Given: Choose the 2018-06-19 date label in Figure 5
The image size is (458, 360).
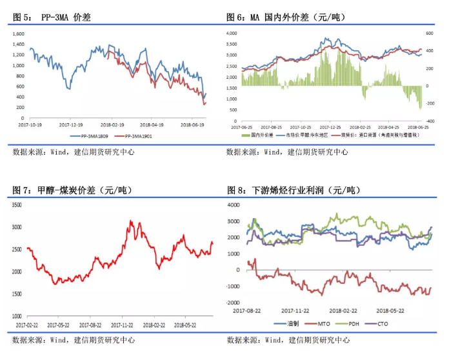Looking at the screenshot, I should click(x=192, y=125).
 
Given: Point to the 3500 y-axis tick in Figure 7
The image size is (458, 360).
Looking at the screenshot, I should click(x=17, y=205).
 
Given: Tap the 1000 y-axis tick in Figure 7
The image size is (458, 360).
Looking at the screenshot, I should click(x=17, y=316).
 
